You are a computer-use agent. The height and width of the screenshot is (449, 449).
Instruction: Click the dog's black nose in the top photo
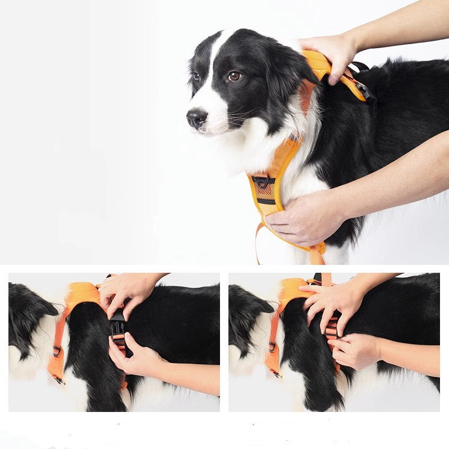coord(196,117)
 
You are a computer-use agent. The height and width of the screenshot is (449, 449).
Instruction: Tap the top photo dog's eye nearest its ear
coord(234,76)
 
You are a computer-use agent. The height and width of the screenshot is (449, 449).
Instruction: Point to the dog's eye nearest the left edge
coord(196,76)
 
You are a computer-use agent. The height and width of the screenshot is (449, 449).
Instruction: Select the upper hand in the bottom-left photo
coord(126,292)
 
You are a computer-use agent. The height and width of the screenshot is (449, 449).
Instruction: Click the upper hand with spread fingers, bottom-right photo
coord(334,300)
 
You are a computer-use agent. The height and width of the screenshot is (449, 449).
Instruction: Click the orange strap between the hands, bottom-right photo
coord(333,331)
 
